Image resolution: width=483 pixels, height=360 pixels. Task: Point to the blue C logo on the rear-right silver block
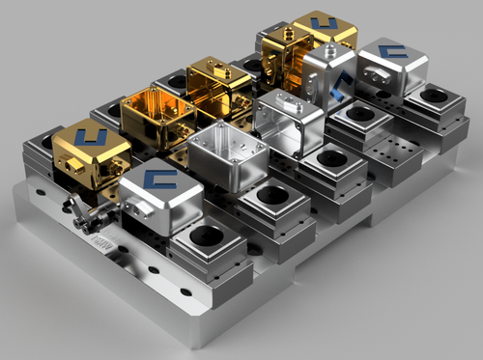pos(391,51)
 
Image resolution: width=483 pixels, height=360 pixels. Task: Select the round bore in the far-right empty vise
pos(434,97)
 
